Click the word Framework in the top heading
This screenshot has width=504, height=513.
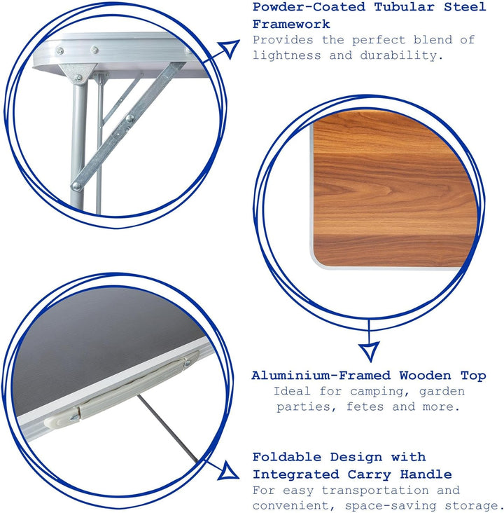click(291, 25)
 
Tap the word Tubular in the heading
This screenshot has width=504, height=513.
click(405, 7)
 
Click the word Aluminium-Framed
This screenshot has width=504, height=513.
click(321, 375)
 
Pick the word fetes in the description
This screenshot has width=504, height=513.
click(365, 406)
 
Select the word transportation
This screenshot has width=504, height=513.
click(375, 491)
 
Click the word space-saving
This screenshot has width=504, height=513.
click(391, 506)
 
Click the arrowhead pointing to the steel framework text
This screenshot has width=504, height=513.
click(230, 48)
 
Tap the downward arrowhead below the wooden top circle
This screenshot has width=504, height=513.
click(370, 351)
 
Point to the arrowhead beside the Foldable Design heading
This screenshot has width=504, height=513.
click(227, 472)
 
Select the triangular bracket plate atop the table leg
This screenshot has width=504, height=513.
click(78, 74)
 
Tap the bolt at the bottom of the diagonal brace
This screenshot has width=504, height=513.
click(76, 186)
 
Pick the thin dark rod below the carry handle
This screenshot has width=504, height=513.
click(168, 429)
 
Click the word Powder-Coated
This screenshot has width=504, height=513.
click(309, 7)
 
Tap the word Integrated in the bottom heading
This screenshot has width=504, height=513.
click(291, 474)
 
